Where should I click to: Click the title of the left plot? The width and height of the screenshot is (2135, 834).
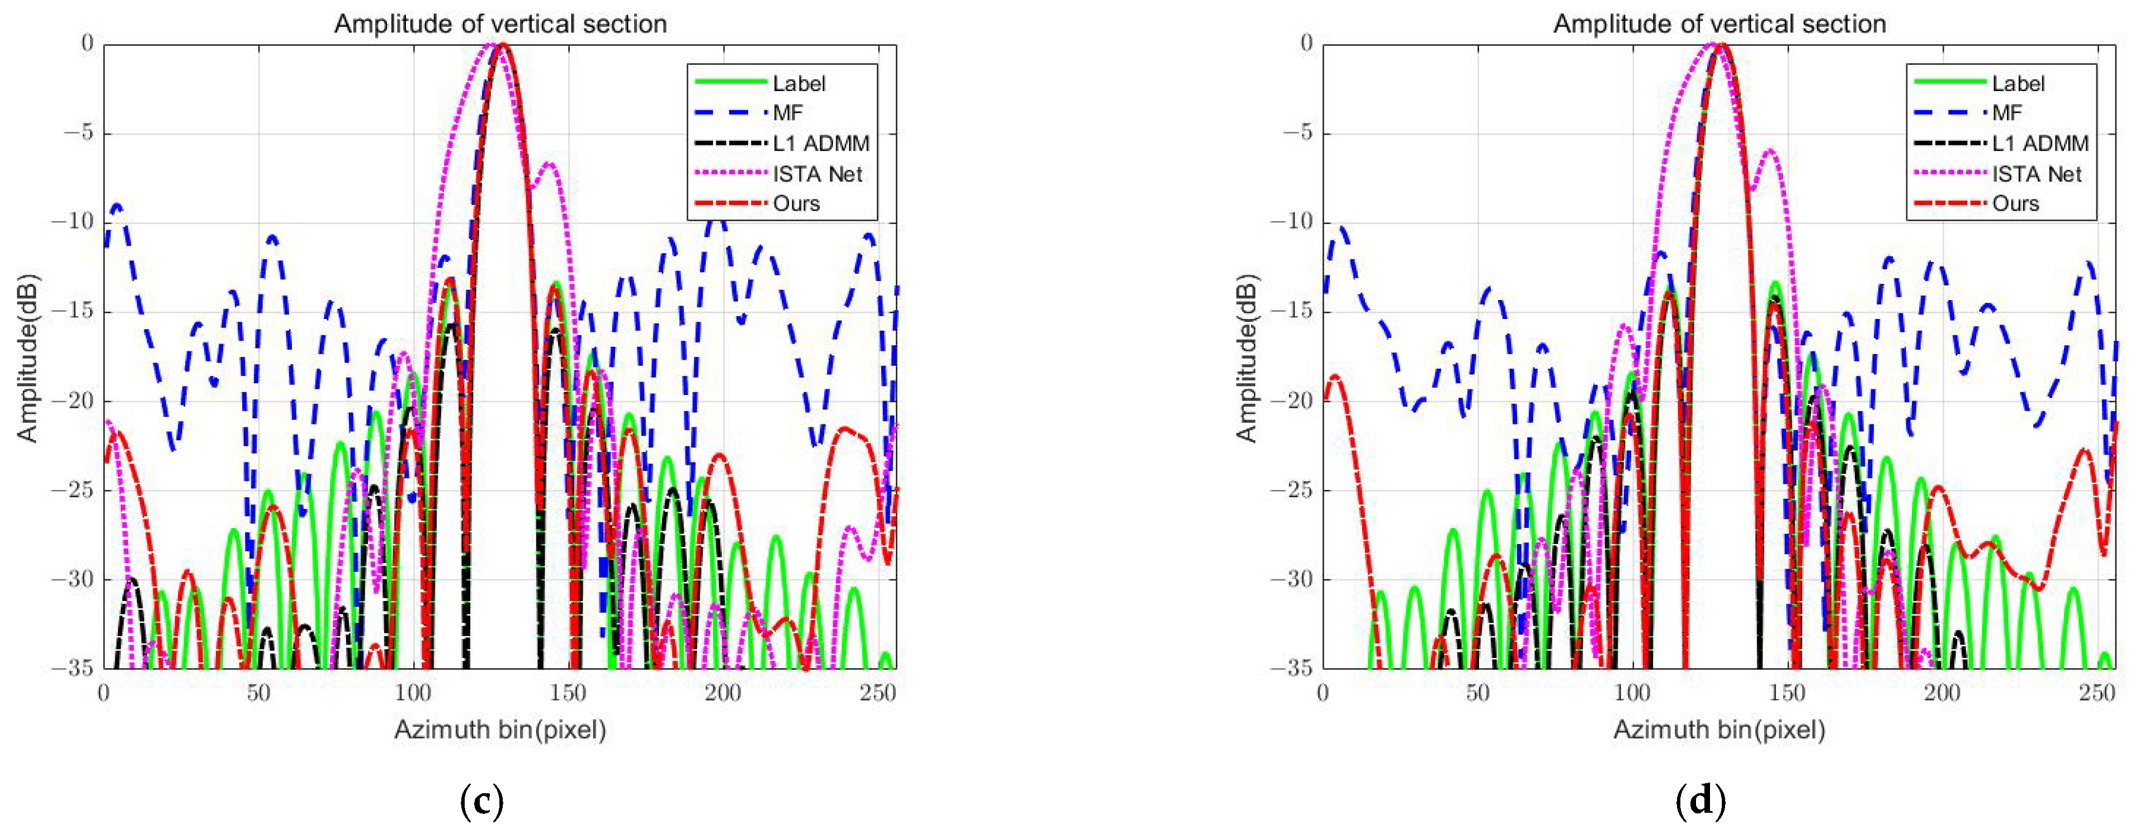point(500,23)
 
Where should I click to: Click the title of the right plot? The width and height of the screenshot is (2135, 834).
point(1720,23)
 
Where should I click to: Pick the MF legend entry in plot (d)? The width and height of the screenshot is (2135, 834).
point(2008,113)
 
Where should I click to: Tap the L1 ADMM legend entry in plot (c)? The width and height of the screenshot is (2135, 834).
point(820,143)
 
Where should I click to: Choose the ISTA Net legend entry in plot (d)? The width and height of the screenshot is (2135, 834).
point(2037,174)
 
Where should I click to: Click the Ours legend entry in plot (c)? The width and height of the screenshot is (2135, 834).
point(796,204)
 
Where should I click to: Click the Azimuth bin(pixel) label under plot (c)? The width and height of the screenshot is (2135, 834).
point(500,730)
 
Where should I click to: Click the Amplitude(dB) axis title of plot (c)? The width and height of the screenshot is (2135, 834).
point(27,358)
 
